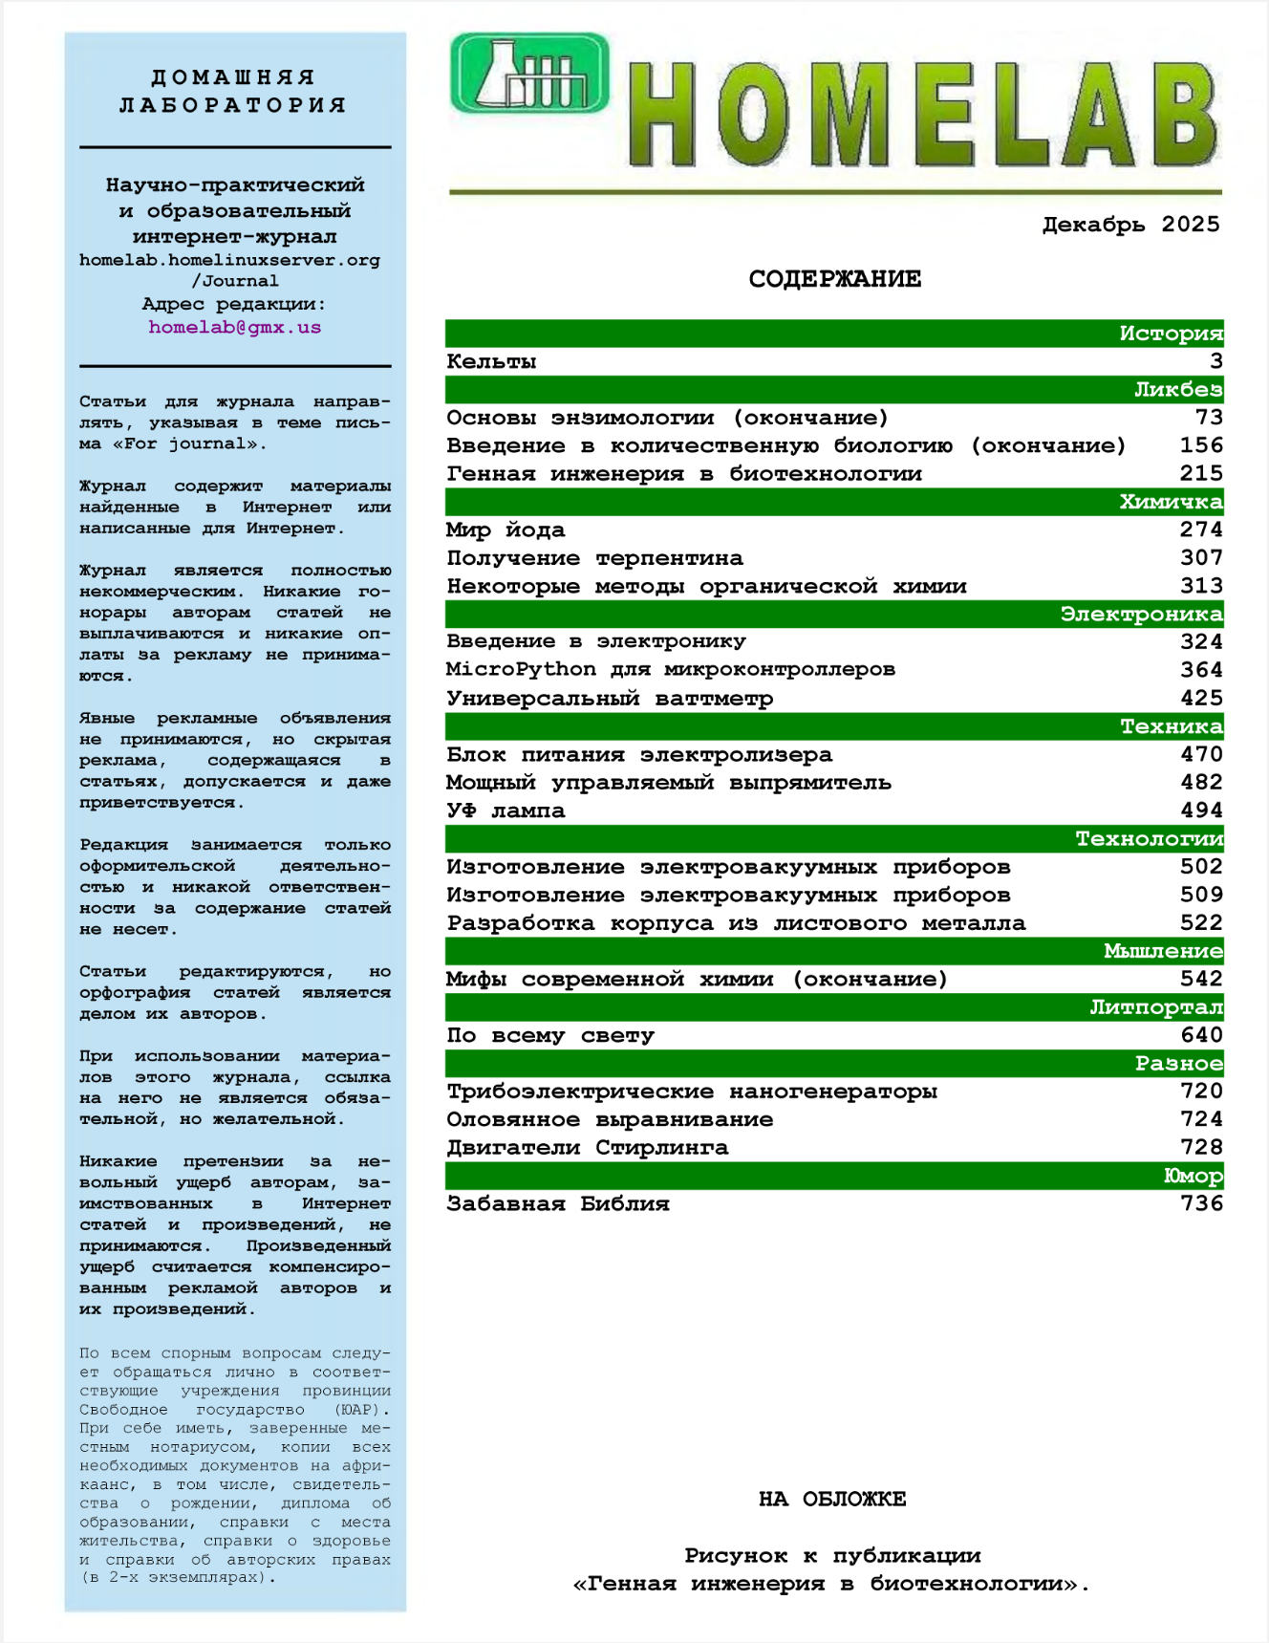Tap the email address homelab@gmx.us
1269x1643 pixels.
point(234,327)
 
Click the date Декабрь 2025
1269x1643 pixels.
point(1130,225)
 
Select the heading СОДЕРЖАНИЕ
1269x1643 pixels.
point(834,279)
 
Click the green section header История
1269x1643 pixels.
point(1171,334)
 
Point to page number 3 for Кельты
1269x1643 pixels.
point(1215,361)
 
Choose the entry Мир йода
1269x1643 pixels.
point(505,530)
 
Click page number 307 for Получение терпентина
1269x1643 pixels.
point(1201,558)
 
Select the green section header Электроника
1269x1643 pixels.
point(1141,614)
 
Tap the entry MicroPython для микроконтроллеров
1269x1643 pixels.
point(670,669)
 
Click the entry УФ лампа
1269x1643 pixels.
point(505,811)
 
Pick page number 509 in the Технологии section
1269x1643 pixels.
point(1201,895)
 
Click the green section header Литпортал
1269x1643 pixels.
point(1155,1007)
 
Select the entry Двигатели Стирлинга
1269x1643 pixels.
point(587,1147)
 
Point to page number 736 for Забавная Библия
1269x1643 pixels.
point(1201,1203)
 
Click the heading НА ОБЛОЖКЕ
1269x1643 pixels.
point(832,1499)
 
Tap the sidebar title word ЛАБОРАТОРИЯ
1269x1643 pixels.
point(233,104)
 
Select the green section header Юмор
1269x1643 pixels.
point(1192,1176)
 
